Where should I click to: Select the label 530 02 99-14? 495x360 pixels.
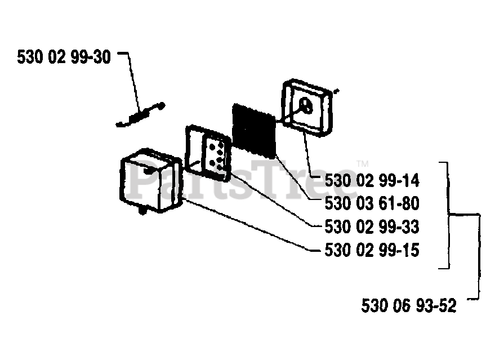(x=372, y=181)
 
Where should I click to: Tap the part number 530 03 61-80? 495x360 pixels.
(x=372, y=203)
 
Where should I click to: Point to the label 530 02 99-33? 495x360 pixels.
(x=372, y=226)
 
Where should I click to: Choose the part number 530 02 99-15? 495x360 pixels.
(x=372, y=250)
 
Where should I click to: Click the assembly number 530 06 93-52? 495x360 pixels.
(x=408, y=306)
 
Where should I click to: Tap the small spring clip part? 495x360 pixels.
(x=141, y=115)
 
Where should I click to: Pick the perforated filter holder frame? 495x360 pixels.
(x=207, y=154)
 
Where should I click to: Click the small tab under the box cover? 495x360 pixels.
(x=141, y=212)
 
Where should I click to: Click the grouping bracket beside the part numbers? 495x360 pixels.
(x=449, y=214)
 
